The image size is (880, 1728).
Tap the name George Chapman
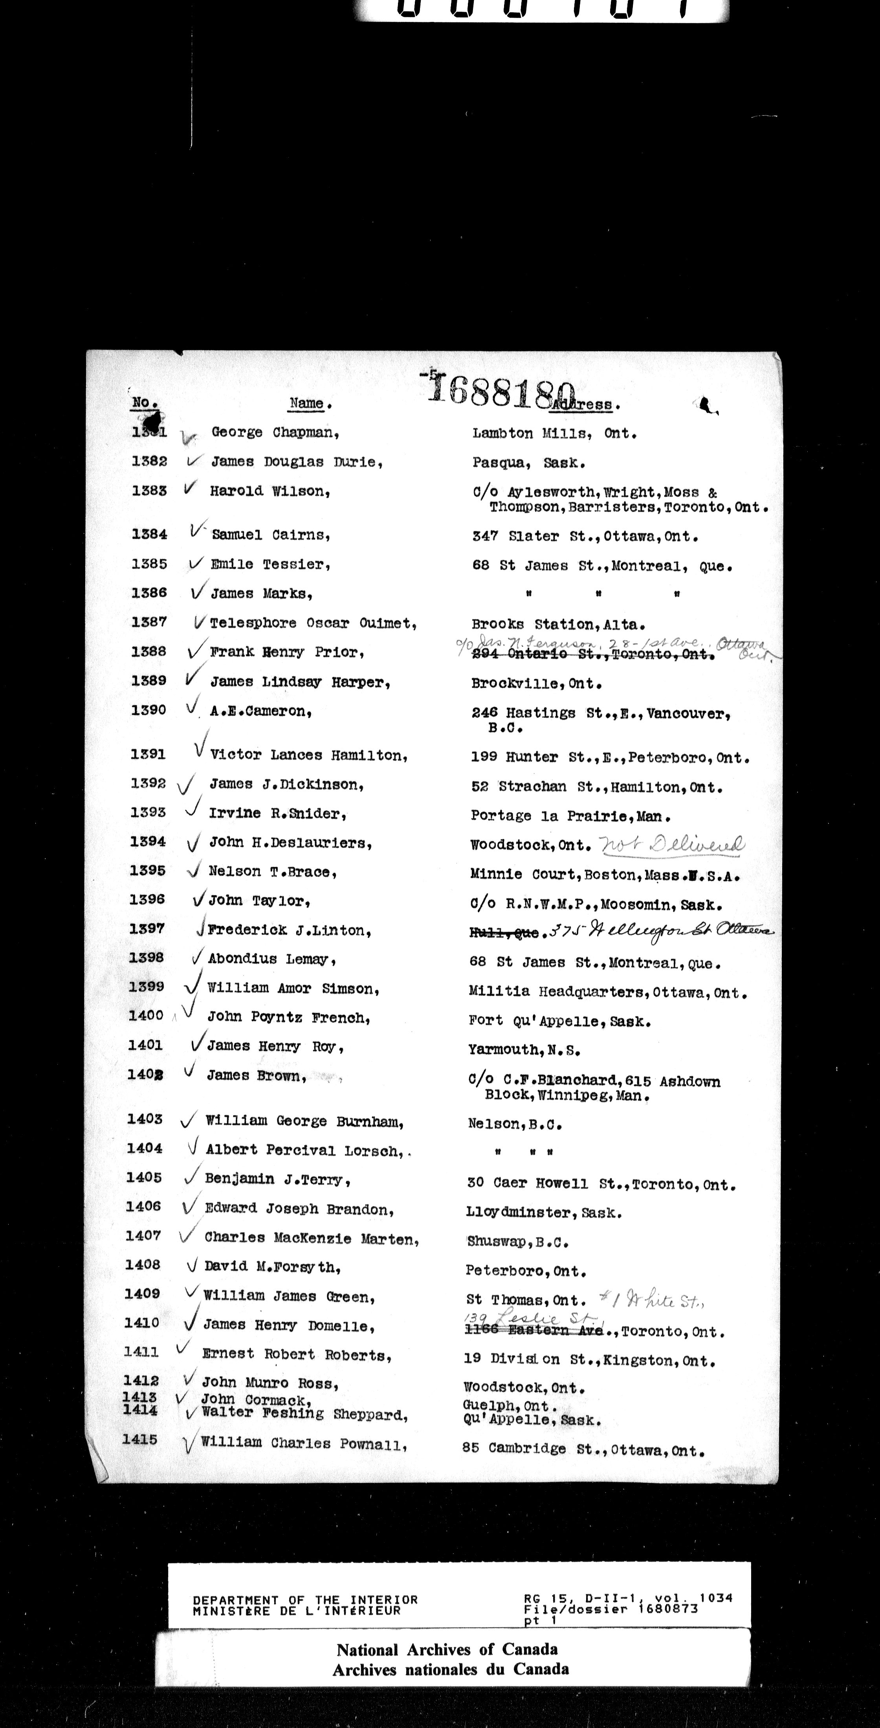(x=275, y=433)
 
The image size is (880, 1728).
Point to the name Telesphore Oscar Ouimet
(x=313, y=623)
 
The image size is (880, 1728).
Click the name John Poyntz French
(x=289, y=1018)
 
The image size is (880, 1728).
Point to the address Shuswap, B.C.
(x=517, y=1242)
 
